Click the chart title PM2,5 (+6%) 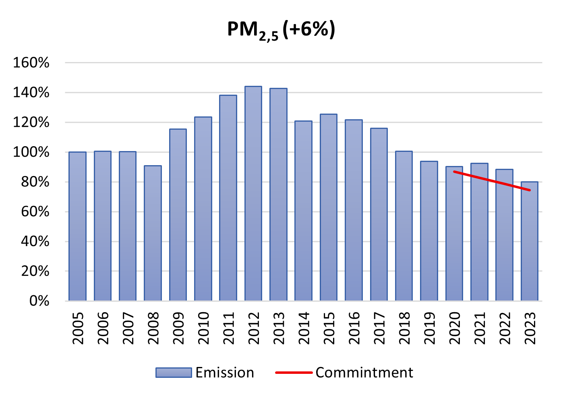coord(281,30)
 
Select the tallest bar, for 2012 coord(253,193)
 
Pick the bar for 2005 coord(77,226)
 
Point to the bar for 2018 coord(404,226)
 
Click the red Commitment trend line coord(491,181)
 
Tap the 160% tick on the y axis coord(31,63)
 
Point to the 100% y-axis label coord(31,152)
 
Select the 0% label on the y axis coord(39,301)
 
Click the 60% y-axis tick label coord(35,212)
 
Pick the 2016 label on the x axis coord(354,328)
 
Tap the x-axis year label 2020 coord(454,328)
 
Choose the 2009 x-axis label coord(178,328)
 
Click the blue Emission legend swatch coord(173,373)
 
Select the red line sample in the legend coord(294,373)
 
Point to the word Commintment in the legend coord(364,373)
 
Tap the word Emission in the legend coord(225,373)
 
